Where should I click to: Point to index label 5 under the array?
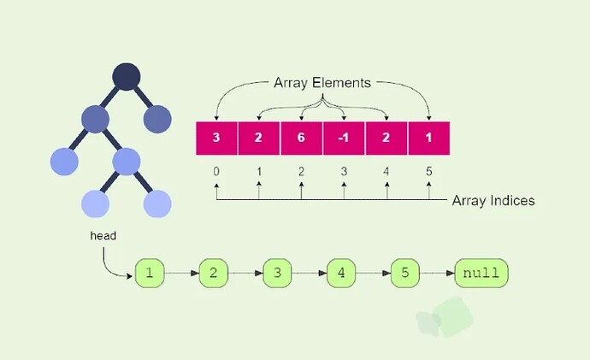429,172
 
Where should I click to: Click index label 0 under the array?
216,172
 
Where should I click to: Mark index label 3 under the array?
345,172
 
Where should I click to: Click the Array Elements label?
322,83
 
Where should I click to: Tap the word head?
103,234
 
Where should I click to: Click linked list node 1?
149,274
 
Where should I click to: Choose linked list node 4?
340,274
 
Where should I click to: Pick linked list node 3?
277,274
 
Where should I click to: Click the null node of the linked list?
481,274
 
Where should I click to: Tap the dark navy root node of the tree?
126,77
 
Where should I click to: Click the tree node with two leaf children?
127,160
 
